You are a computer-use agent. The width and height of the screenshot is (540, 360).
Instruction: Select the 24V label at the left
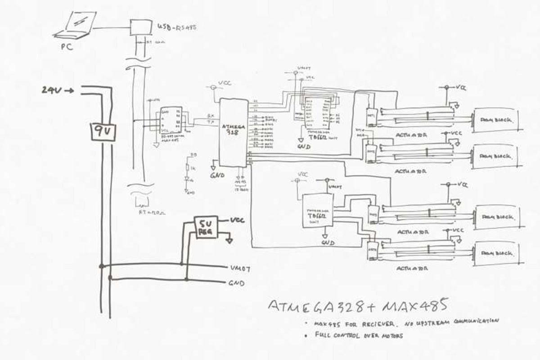click(x=50, y=90)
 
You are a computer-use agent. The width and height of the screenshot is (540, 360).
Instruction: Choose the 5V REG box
click(x=206, y=227)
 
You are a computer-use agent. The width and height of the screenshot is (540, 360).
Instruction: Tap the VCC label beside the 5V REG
click(x=237, y=220)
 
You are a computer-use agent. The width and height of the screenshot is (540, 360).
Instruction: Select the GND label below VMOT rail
click(x=236, y=283)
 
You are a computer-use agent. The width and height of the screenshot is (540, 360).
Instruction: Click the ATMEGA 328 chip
click(x=233, y=130)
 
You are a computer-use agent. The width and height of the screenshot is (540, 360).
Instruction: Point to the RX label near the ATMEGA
click(x=210, y=116)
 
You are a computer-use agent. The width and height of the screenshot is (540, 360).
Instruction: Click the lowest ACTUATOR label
click(x=411, y=268)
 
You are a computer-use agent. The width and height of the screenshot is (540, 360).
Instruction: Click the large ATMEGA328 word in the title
click(x=317, y=306)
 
